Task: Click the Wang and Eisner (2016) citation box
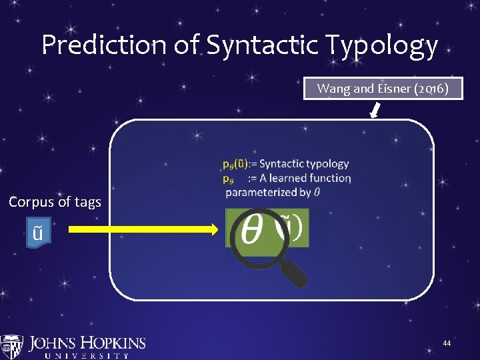click(383, 89)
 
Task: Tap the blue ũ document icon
click(38, 233)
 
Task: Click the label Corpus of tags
click(55, 201)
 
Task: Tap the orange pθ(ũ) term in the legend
click(235, 163)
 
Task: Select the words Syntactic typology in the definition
click(304, 163)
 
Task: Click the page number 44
click(447, 343)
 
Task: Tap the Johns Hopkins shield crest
click(11, 347)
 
